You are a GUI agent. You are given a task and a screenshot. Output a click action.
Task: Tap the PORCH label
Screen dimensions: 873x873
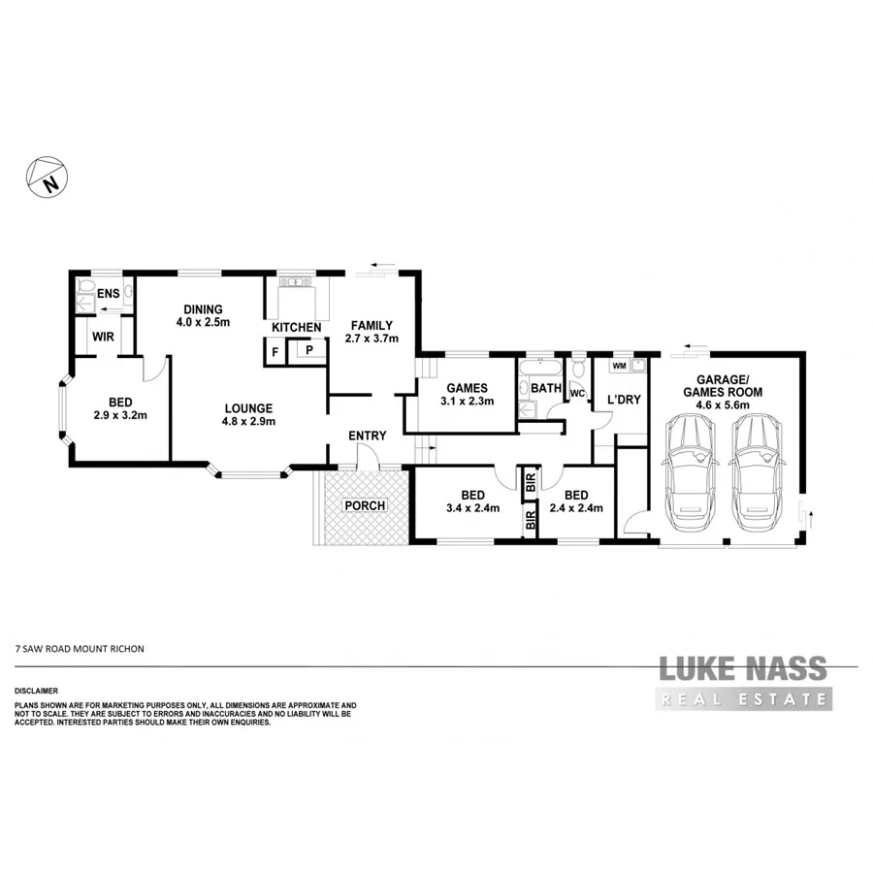(366, 505)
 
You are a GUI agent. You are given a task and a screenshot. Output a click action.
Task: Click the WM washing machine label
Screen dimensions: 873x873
(618, 367)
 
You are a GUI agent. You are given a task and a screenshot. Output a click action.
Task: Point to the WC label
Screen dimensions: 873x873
(575, 394)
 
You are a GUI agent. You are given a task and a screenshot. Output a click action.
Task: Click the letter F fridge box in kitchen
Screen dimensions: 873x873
(276, 351)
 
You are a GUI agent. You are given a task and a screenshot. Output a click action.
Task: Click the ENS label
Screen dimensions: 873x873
(107, 292)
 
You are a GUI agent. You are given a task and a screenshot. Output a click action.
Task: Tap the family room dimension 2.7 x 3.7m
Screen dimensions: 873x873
(372, 339)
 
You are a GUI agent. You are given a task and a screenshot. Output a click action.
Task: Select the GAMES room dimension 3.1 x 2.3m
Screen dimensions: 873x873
(467, 401)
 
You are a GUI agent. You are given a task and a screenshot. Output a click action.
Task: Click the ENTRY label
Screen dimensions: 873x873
(367, 436)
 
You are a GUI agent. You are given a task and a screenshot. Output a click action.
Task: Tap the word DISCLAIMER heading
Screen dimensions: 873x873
(37, 692)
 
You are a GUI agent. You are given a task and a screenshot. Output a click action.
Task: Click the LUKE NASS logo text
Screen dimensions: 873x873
(743, 668)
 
